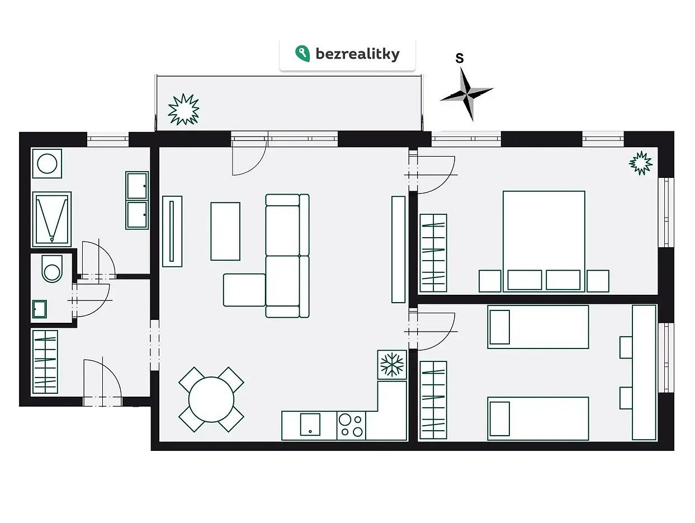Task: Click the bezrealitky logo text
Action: [357, 54]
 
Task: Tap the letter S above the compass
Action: [460, 58]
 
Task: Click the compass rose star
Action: [467, 94]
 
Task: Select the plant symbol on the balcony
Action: [183, 109]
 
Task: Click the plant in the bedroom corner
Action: [641, 163]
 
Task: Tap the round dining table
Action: [211, 399]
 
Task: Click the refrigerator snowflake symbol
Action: [391, 365]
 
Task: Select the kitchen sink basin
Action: [310, 424]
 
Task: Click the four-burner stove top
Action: [351, 426]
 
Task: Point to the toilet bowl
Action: [52, 268]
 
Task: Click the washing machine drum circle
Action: [47, 164]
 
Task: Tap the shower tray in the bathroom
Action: [51, 219]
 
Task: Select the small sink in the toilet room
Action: [40, 309]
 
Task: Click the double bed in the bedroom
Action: [543, 242]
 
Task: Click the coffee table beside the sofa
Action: [225, 231]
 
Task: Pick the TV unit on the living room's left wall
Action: [172, 231]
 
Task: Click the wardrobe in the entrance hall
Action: [45, 362]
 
